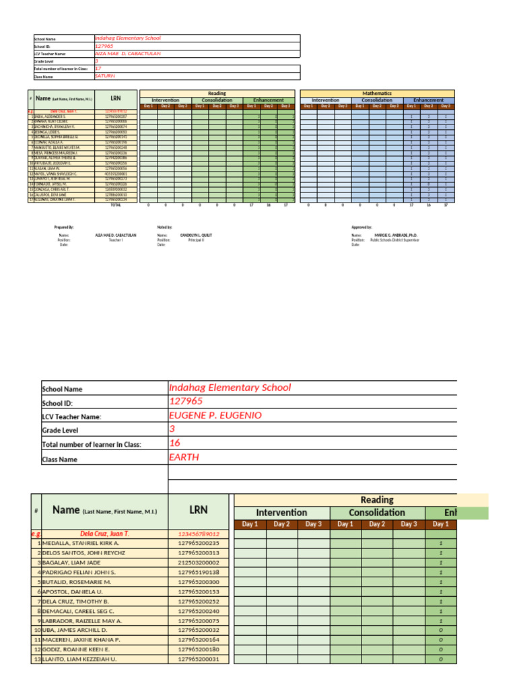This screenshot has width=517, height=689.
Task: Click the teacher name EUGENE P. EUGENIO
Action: (215, 416)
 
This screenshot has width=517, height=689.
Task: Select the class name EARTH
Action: (185, 458)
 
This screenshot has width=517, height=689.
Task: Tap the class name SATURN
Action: (105, 76)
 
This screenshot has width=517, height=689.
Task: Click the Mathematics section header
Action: (377, 94)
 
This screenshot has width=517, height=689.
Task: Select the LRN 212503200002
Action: (199, 563)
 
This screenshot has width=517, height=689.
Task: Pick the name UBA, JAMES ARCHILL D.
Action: (75, 630)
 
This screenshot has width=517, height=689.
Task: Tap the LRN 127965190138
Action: (199, 572)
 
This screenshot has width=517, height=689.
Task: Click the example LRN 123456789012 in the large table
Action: (199, 534)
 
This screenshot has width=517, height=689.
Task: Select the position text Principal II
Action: (196, 240)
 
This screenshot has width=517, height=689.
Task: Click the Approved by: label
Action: (361, 227)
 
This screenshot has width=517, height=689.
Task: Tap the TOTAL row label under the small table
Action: (116, 205)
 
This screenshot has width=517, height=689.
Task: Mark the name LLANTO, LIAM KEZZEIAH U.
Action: (79, 659)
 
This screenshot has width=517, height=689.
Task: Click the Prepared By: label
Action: (64, 227)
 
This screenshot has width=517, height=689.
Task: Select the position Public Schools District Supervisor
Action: (394, 240)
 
